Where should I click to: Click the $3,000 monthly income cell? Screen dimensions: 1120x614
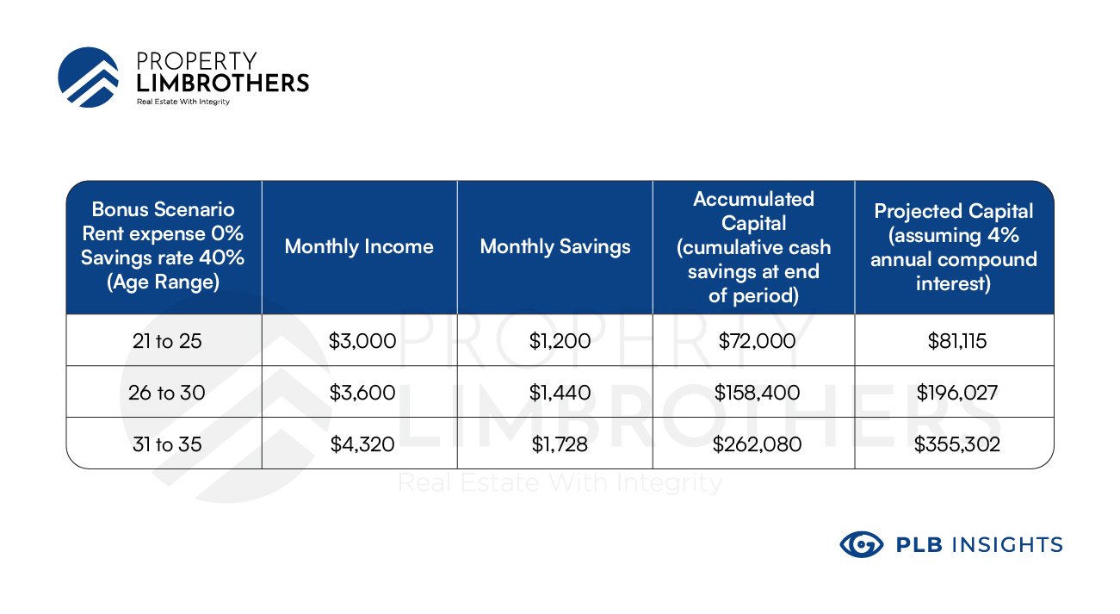(362, 341)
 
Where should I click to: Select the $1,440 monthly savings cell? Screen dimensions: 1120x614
(560, 393)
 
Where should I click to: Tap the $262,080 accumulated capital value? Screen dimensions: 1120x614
(757, 444)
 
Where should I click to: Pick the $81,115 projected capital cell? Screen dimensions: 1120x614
(957, 341)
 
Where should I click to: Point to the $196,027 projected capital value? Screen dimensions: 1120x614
(957, 393)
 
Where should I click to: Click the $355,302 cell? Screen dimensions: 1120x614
(957, 444)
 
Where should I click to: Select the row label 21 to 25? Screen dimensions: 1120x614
(167, 341)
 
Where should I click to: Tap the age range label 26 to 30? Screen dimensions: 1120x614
(166, 393)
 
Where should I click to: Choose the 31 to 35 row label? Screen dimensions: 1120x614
(167, 444)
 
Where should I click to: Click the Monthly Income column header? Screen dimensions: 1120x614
(359, 246)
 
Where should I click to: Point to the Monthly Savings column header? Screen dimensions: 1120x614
(555, 246)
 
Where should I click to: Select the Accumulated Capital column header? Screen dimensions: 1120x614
(753, 247)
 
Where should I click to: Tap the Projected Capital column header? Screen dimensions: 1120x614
(954, 247)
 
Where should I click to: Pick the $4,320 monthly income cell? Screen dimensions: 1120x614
(362, 444)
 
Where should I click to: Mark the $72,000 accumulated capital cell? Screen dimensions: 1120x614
(757, 341)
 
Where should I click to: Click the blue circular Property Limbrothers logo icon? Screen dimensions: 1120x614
(89, 78)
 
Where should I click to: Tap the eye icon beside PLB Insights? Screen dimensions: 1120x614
(861, 544)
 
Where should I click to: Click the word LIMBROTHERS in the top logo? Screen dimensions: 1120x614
(223, 83)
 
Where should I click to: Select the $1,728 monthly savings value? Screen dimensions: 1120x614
(560, 444)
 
